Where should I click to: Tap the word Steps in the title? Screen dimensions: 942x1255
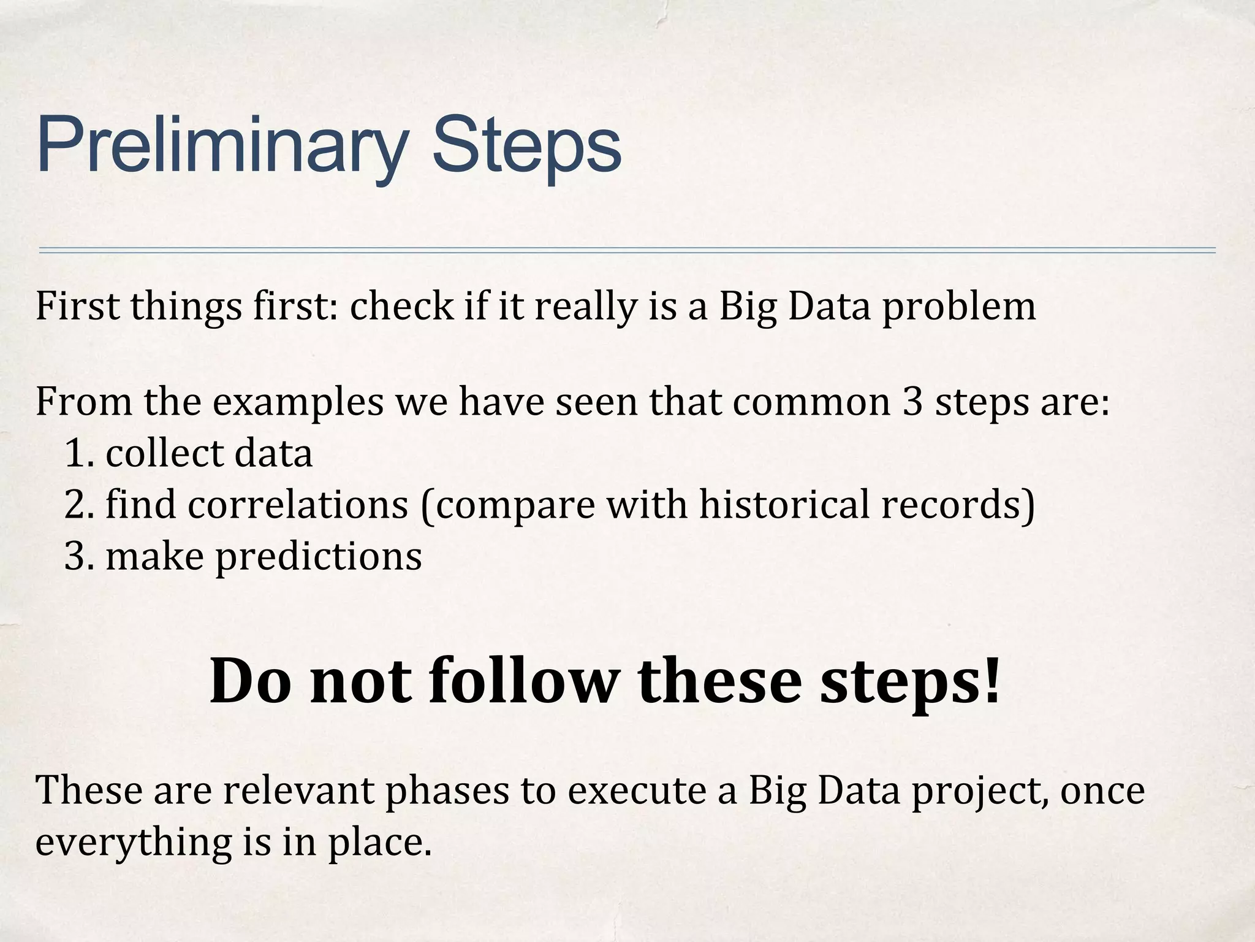point(526,147)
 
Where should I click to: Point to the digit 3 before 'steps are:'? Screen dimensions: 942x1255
point(912,402)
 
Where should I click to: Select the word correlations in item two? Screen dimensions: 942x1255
point(298,505)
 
